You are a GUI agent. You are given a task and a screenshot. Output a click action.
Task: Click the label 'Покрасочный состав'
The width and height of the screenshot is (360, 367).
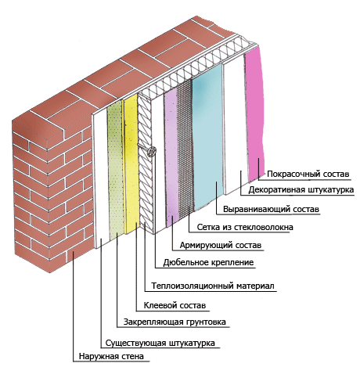coord(308,174)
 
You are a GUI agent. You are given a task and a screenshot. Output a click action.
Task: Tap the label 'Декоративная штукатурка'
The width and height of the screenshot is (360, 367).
coord(301,189)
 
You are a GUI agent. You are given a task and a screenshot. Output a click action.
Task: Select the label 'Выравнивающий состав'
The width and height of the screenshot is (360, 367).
coord(271,209)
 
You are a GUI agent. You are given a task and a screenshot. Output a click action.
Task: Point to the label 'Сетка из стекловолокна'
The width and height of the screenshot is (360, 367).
coord(245,227)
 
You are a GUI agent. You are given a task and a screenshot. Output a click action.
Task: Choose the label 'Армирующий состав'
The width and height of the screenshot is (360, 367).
coord(221,246)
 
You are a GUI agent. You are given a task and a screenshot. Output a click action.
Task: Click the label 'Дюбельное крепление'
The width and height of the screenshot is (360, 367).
coord(208,262)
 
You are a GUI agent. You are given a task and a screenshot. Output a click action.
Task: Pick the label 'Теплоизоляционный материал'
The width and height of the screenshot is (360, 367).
coord(213,286)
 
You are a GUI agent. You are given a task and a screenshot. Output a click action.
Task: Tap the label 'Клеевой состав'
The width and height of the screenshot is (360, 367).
coord(175,305)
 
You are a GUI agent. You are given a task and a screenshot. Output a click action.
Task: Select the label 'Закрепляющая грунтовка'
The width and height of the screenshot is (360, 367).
coord(175,322)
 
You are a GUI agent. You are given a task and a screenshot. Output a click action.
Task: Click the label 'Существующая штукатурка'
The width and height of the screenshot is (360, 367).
coord(160,343)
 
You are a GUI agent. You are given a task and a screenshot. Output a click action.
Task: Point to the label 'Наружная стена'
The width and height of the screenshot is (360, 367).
coord(111,356)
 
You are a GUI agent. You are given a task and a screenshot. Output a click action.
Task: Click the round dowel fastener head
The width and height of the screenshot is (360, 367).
coord(152,151)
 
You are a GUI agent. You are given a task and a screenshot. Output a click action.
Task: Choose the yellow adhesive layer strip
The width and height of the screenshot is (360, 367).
coord(131,164)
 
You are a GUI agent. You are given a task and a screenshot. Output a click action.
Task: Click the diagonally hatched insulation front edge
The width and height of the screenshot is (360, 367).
coord(146,162)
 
